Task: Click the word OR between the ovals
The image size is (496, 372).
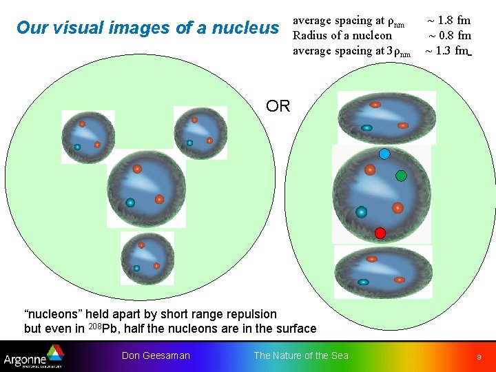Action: tap(278, 106)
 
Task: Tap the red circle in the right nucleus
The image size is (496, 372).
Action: tap(380, 233)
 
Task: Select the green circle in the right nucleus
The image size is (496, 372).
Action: tap(401, 176)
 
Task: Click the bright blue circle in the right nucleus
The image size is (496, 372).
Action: tap(385, 154)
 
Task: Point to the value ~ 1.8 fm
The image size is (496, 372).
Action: tap(448, 20)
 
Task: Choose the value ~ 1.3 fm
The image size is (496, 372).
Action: tap(447, 50)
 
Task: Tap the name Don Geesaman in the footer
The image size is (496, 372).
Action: tap(156, 355)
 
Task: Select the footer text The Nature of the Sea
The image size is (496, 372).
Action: tap(301, 355)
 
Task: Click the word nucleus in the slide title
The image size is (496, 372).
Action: tap(245, 28)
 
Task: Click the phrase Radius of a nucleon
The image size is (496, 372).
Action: tap(342, 35)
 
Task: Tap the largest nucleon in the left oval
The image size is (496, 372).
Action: tap(146, 188)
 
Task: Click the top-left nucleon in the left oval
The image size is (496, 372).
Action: tap(87, 136)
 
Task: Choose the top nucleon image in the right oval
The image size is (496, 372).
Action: tap(386, 117)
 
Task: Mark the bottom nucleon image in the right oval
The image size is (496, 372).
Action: tap(383, 271)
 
